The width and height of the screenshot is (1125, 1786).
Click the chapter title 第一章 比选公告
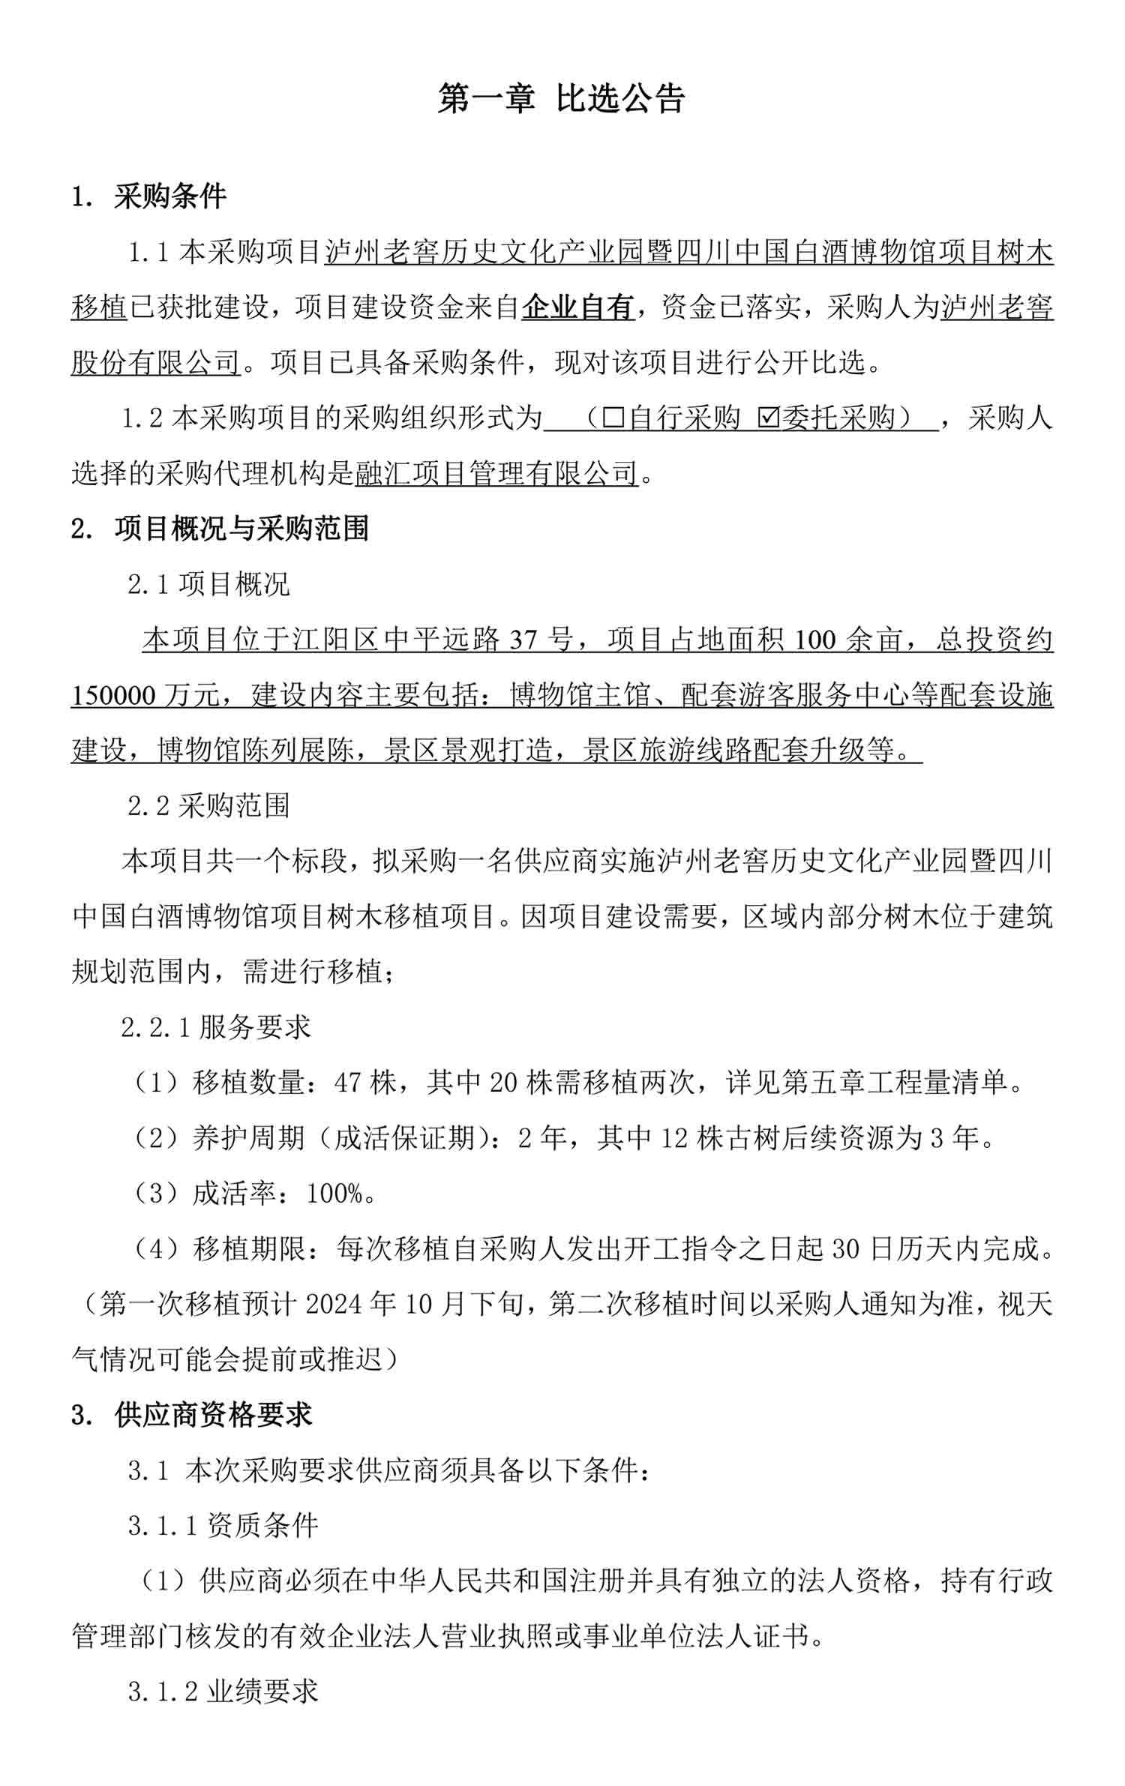tap(561, 99)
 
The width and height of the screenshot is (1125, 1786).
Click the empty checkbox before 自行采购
tap(613, 418)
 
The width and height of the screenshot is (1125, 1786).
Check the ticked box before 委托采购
tap(769, 418)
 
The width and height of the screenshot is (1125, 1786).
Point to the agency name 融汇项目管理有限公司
tap(496, 473)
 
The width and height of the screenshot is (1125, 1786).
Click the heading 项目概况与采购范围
tap(241, 529)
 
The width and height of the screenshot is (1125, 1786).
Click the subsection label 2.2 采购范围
tap(208, 806)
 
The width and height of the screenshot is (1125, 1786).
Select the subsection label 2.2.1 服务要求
tap(216, 1027)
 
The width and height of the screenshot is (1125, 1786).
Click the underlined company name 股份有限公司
tap(155, 363)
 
